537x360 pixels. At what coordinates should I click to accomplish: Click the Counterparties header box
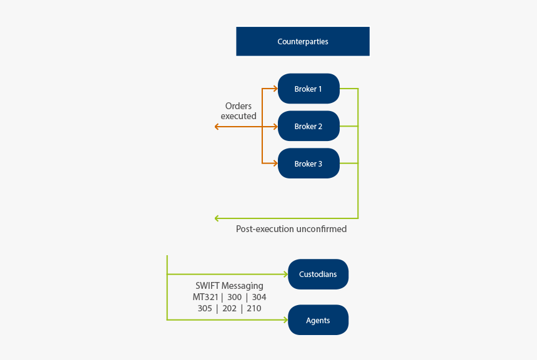click(303, 42)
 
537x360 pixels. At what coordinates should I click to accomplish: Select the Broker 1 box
click(308, 89)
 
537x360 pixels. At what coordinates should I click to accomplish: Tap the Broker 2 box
click(308, 126)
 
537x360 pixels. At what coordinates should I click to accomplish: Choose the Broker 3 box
click(308, 163)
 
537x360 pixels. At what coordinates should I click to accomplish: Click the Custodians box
click(318, 275)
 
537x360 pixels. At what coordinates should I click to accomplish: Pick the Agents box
click(318, 320)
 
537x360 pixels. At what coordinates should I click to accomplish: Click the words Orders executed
click(239, 111)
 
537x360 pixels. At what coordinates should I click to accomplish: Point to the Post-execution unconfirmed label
click(291, 229)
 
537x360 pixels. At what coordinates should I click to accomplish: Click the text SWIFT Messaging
click(229, 286)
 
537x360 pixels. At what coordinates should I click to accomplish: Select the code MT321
click(206, 297)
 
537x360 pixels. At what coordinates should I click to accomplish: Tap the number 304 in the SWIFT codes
click(259, 297)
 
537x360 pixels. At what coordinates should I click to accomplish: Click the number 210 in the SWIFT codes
click(254, 308)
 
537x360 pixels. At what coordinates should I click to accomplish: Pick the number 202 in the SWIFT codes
click(229, 308)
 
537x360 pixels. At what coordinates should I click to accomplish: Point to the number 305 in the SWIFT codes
click(205, 308)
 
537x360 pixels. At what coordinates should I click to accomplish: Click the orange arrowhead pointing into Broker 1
click(275, 89)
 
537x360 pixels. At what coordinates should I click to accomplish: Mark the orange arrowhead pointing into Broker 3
click(275, 163)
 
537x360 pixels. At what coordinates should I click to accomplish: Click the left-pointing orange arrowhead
click(217, 127)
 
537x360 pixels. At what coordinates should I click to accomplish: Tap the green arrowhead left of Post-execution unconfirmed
click(217, 218)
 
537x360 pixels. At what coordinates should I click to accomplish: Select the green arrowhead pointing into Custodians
click(285, 275)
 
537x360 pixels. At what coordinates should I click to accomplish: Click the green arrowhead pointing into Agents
click(285, 320)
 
